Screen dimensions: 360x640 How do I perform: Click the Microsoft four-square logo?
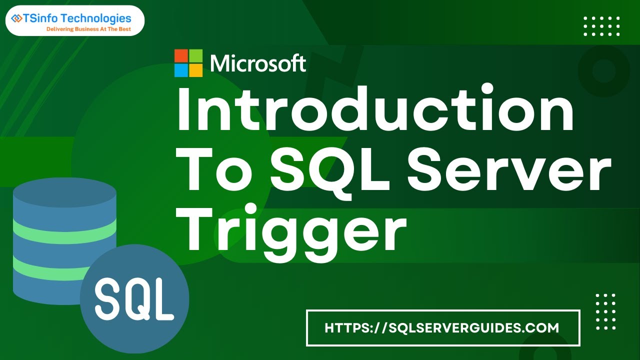pyautogui.click(x=188, y=63)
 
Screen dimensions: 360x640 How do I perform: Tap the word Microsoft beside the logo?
pyautogui.click(x=258, y=63)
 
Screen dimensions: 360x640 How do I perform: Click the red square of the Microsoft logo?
pyautogui.click(x=181, y=55)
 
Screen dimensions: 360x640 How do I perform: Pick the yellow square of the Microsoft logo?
pyautogui.click(x=196, y=70)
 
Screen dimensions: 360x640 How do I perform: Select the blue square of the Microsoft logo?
pyautogui.click(x=181, y=70)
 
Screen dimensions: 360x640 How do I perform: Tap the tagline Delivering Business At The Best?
pyautogui.click(x=88, y=29)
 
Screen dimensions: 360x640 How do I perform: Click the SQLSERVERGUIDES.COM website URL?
pyautogui.click(x=442, y=328)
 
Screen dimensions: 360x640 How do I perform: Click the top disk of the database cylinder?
pyautogui.click(x=64, y=193)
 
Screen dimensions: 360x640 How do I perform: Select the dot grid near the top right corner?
pyautogui.click(x=602, y=26)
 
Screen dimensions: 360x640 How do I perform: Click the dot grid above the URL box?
pyautogui.click(x=605, y=310)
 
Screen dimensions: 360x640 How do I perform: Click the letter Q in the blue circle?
pyautogui.click(x=134, y=298)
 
